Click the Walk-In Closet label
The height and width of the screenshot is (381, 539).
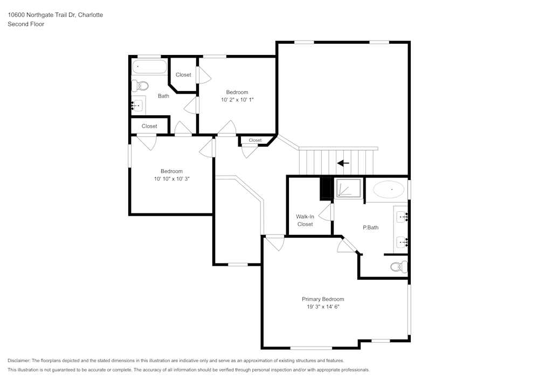click(305, 220)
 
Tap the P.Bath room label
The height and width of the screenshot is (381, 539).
click(371, 227)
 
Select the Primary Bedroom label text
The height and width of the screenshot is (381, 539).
click(323, 299)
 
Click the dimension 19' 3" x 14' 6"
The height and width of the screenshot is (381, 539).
click(323, 307)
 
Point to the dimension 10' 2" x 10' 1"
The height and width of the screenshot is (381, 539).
click(237, 100)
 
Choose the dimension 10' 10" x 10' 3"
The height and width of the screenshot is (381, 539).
click(171, 179)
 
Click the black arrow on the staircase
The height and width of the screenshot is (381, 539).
click(343, 163)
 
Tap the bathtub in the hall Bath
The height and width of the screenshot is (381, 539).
click(150, 67)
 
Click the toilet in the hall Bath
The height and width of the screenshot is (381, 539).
click(140, 86)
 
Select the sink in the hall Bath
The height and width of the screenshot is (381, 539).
click(138, 105)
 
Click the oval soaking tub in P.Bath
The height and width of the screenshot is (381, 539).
click(389, 189)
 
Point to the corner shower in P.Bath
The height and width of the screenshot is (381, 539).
click(349, 188)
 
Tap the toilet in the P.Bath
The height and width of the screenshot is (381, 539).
click(399, 267)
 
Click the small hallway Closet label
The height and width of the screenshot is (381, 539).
click(255, 140)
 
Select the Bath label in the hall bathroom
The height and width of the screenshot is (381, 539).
click(164, 96)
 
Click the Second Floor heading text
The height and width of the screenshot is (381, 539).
click(26, 24)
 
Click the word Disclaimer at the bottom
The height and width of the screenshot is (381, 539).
click(18, 361)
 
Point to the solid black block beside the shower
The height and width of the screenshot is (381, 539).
click(325, 188)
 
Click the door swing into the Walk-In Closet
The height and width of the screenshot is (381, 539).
click(326, 212)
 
